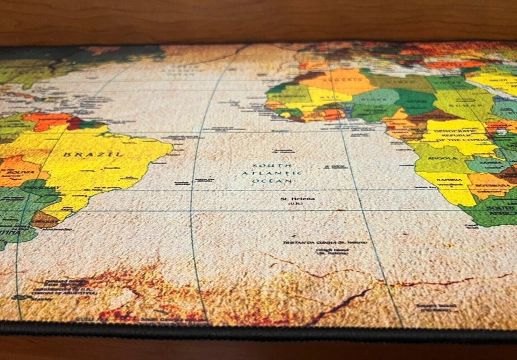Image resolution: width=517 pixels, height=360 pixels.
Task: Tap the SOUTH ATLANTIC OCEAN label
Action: pos(272,173)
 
